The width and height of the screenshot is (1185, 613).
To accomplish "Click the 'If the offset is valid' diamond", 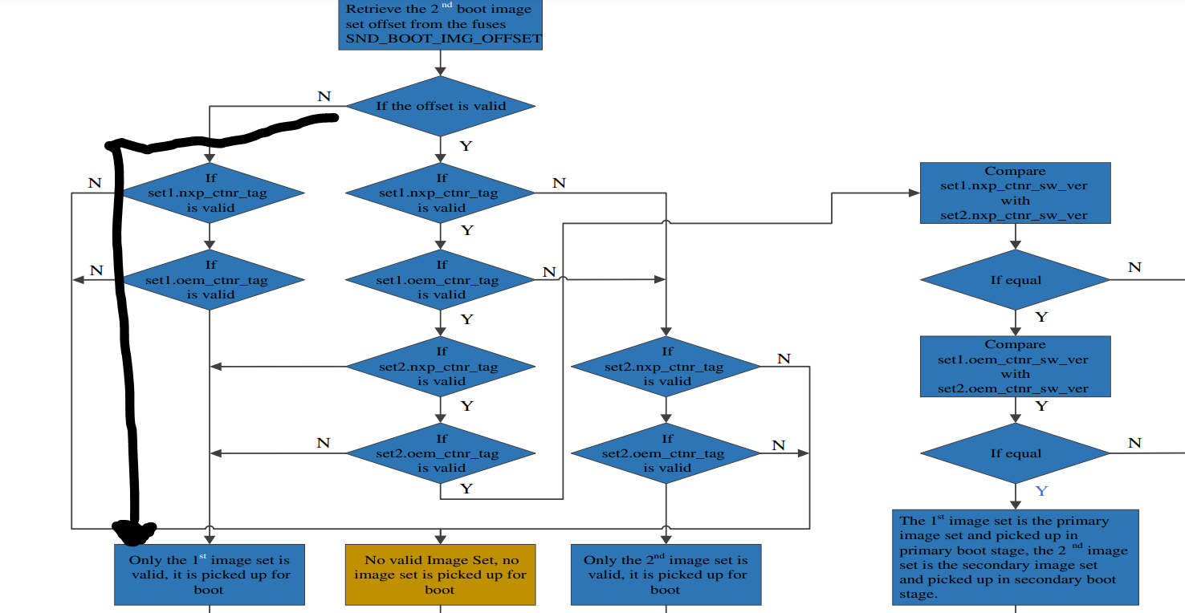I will pos(440,106).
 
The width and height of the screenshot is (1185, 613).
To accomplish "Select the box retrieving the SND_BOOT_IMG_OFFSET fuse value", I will pos(440,24).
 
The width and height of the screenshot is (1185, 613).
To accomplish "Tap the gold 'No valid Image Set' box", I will pos(440,574).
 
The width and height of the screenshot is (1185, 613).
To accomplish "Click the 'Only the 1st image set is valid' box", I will pos(210,574).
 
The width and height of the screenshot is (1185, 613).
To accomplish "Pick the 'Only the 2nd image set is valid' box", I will pos(666,574).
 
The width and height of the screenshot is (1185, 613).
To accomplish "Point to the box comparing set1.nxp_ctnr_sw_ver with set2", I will pos(1015,193).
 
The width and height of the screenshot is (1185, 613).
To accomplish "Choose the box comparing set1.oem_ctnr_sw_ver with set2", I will pos(1015,367).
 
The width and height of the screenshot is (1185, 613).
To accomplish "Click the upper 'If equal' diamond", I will pos(1015,280).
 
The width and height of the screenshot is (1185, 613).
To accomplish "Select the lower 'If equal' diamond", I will pos(1015,453).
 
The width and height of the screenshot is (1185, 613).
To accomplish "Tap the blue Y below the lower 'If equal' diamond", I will pos(1041,490).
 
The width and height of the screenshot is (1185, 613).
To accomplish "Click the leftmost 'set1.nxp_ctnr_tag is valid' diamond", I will pos(210,193).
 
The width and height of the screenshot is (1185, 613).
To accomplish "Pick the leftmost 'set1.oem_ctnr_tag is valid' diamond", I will pos(210,280).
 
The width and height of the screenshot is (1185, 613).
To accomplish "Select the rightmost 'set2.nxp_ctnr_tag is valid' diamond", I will pos(666,367).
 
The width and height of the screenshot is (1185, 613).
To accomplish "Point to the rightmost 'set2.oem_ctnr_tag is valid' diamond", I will pos(666,453).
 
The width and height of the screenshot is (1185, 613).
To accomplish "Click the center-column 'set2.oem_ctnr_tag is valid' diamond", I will pos(440,453).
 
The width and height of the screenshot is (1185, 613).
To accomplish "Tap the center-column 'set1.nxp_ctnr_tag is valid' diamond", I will pos(440,193).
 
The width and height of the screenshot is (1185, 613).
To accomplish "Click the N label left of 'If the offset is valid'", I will pos(324,96).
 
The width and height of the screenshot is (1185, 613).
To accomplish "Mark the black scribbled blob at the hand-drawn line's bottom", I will pos(134,530).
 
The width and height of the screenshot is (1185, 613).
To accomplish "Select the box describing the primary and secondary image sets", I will pos(1015,558).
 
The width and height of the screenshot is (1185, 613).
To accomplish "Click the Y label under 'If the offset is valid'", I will pos(466,146).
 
